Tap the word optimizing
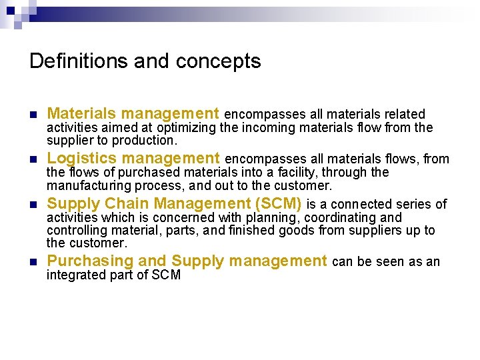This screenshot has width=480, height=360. pyautogui.click(x=187, y=127)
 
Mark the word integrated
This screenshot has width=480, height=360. pyautogui.click(x=72, y=275)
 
